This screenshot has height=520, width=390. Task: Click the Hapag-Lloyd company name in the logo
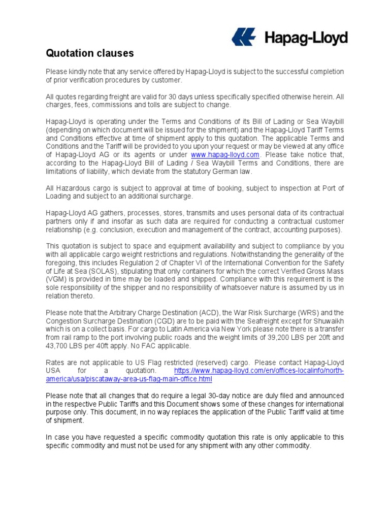[305, 38]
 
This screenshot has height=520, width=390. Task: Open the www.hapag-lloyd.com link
[225, 154]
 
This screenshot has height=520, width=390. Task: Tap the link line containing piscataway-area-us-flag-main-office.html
[129, 379]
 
